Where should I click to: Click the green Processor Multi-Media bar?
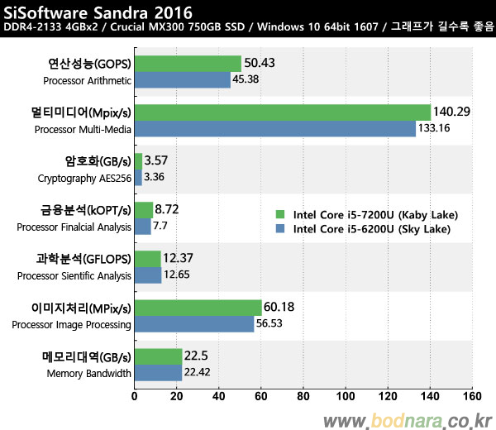point(283,112)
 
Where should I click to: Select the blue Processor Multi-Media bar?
point(275,128)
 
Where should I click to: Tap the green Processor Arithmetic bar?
point(188,64)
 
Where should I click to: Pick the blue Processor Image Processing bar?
point(194,323)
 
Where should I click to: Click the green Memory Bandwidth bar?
point(159,356)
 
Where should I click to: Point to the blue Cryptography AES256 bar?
point(138,177)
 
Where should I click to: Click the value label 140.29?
point(451,111)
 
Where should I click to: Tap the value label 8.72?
point(169,209)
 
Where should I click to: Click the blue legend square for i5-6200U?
point(281,229)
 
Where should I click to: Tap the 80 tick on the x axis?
point(303,396)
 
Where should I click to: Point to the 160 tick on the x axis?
point(470,396)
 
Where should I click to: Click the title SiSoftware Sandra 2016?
point(98,13)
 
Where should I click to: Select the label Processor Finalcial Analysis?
point(74,227)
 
